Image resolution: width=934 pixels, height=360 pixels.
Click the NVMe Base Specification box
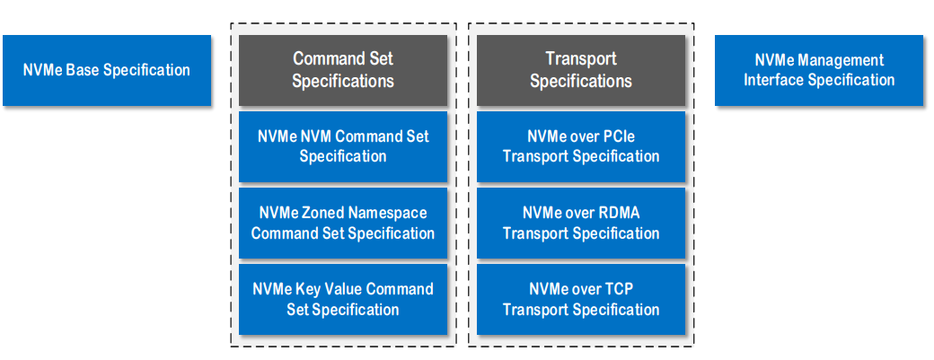pyautogui.click(x=107, y=70)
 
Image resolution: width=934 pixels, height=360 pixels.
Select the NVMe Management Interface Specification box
pyautogui.click(x=818, y=70)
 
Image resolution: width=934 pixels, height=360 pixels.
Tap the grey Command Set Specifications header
pyautogui.click(x=343, y=70)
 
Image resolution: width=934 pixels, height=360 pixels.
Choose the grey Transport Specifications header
pyautogui.click(x=581, y=70)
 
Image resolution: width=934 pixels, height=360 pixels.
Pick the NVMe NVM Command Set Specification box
pyautogui.click(x=343, y=146)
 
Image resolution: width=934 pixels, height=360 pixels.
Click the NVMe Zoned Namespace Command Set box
pyautogui.click(x=343, y=224)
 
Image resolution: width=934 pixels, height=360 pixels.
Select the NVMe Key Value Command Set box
pyautogui.click(x=343, y=300)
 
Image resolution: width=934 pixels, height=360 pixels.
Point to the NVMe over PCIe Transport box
pyautogui.click(x=581, y=146)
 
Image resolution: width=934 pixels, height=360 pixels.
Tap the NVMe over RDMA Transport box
pyautogui.click(x=581, y=224)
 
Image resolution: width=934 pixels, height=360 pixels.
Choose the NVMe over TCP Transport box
pyautogui.click(x=581, y=300)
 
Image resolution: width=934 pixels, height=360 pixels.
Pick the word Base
pyautogui.click(x=82, y=70)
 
